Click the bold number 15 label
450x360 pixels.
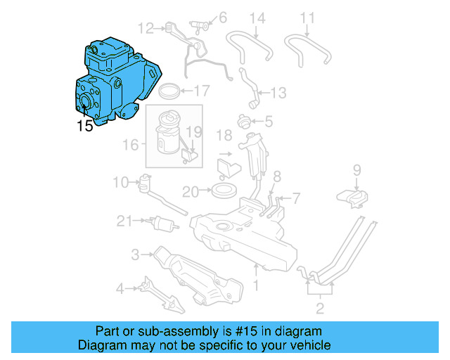[85, 127]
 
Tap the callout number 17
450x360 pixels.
[202, 90]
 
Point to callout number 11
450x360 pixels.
[308, 18]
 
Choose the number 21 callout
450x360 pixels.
[124, 221]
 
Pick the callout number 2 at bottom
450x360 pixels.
[319, 309]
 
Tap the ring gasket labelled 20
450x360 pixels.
[224, 190]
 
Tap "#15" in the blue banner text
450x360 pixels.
[221, 331]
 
